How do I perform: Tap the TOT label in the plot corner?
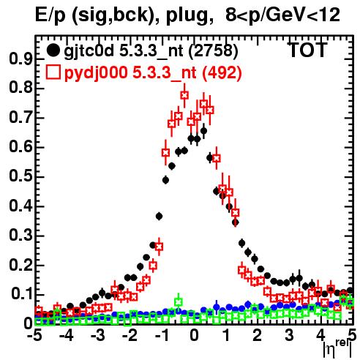[307, 50]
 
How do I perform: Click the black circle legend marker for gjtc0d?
[53, 50]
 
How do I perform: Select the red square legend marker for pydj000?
[53, 72]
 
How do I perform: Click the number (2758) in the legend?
[213, 51]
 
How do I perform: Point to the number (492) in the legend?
[222, 72]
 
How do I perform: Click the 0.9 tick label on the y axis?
[20, 59]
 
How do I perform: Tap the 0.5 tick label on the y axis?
[20, 176]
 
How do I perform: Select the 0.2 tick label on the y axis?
[20, 265]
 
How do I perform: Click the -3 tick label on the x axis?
[98, 335]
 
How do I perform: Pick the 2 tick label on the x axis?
[257, 335]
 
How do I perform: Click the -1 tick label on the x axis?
[162, 335]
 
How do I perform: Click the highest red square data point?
[184, 95]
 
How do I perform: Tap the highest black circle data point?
[203, 131]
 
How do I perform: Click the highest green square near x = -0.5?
[179, 302]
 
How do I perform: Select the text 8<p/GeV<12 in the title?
[282, 15]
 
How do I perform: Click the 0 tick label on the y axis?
[28, 323]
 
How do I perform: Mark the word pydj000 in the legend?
[96, 73]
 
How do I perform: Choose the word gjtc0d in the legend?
[89, 52]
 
